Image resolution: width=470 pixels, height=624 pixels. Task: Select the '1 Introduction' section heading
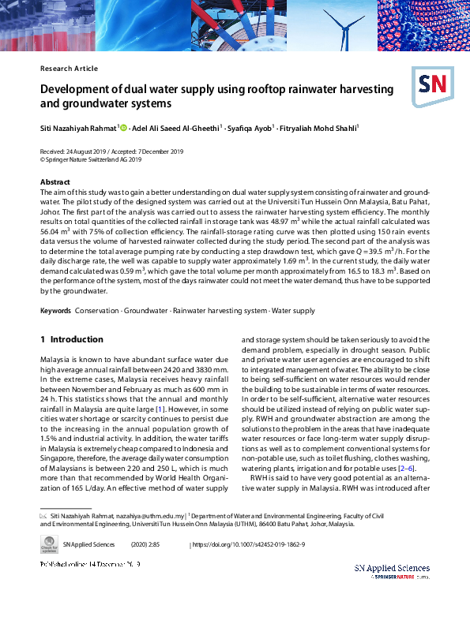pos(72,339)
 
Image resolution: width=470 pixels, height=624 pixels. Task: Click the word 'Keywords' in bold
pos(56,312)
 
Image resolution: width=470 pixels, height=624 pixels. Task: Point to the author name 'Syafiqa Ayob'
pos(250,127)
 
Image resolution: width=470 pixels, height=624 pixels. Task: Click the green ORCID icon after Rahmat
pos(124,127)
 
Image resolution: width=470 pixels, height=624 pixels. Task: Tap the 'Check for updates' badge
pos(49,545)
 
